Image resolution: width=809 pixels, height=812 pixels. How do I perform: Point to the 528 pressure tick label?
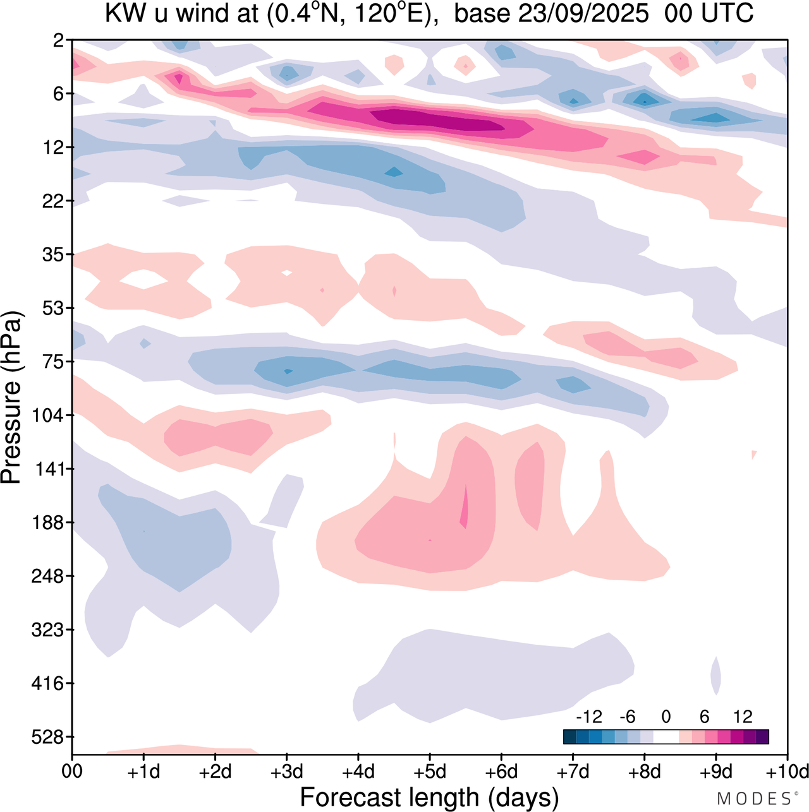[47, 737]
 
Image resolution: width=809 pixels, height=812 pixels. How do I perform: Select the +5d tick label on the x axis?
[430, 772]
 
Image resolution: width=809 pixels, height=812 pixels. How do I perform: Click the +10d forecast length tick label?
[786, 772]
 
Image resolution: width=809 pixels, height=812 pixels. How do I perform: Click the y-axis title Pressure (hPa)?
[11, 398]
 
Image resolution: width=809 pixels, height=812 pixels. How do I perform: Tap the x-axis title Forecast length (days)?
[429, 797]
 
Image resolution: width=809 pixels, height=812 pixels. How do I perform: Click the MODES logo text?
[753, 799]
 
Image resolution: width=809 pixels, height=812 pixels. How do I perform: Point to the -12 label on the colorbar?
[588, 717]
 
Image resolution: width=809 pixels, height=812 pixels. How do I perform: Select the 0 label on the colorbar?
[666, 717]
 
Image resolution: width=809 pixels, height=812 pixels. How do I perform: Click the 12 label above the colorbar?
[743, 717]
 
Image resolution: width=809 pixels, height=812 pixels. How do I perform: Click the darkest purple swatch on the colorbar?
[762, 736]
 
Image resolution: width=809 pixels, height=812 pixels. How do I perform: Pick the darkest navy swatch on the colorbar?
[569, 736]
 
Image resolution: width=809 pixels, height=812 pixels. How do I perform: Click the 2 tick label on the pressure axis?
[58, 40]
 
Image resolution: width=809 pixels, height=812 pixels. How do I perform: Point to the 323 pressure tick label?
[47, 630]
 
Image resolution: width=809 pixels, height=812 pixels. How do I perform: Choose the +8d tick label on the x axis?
[645, 772]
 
